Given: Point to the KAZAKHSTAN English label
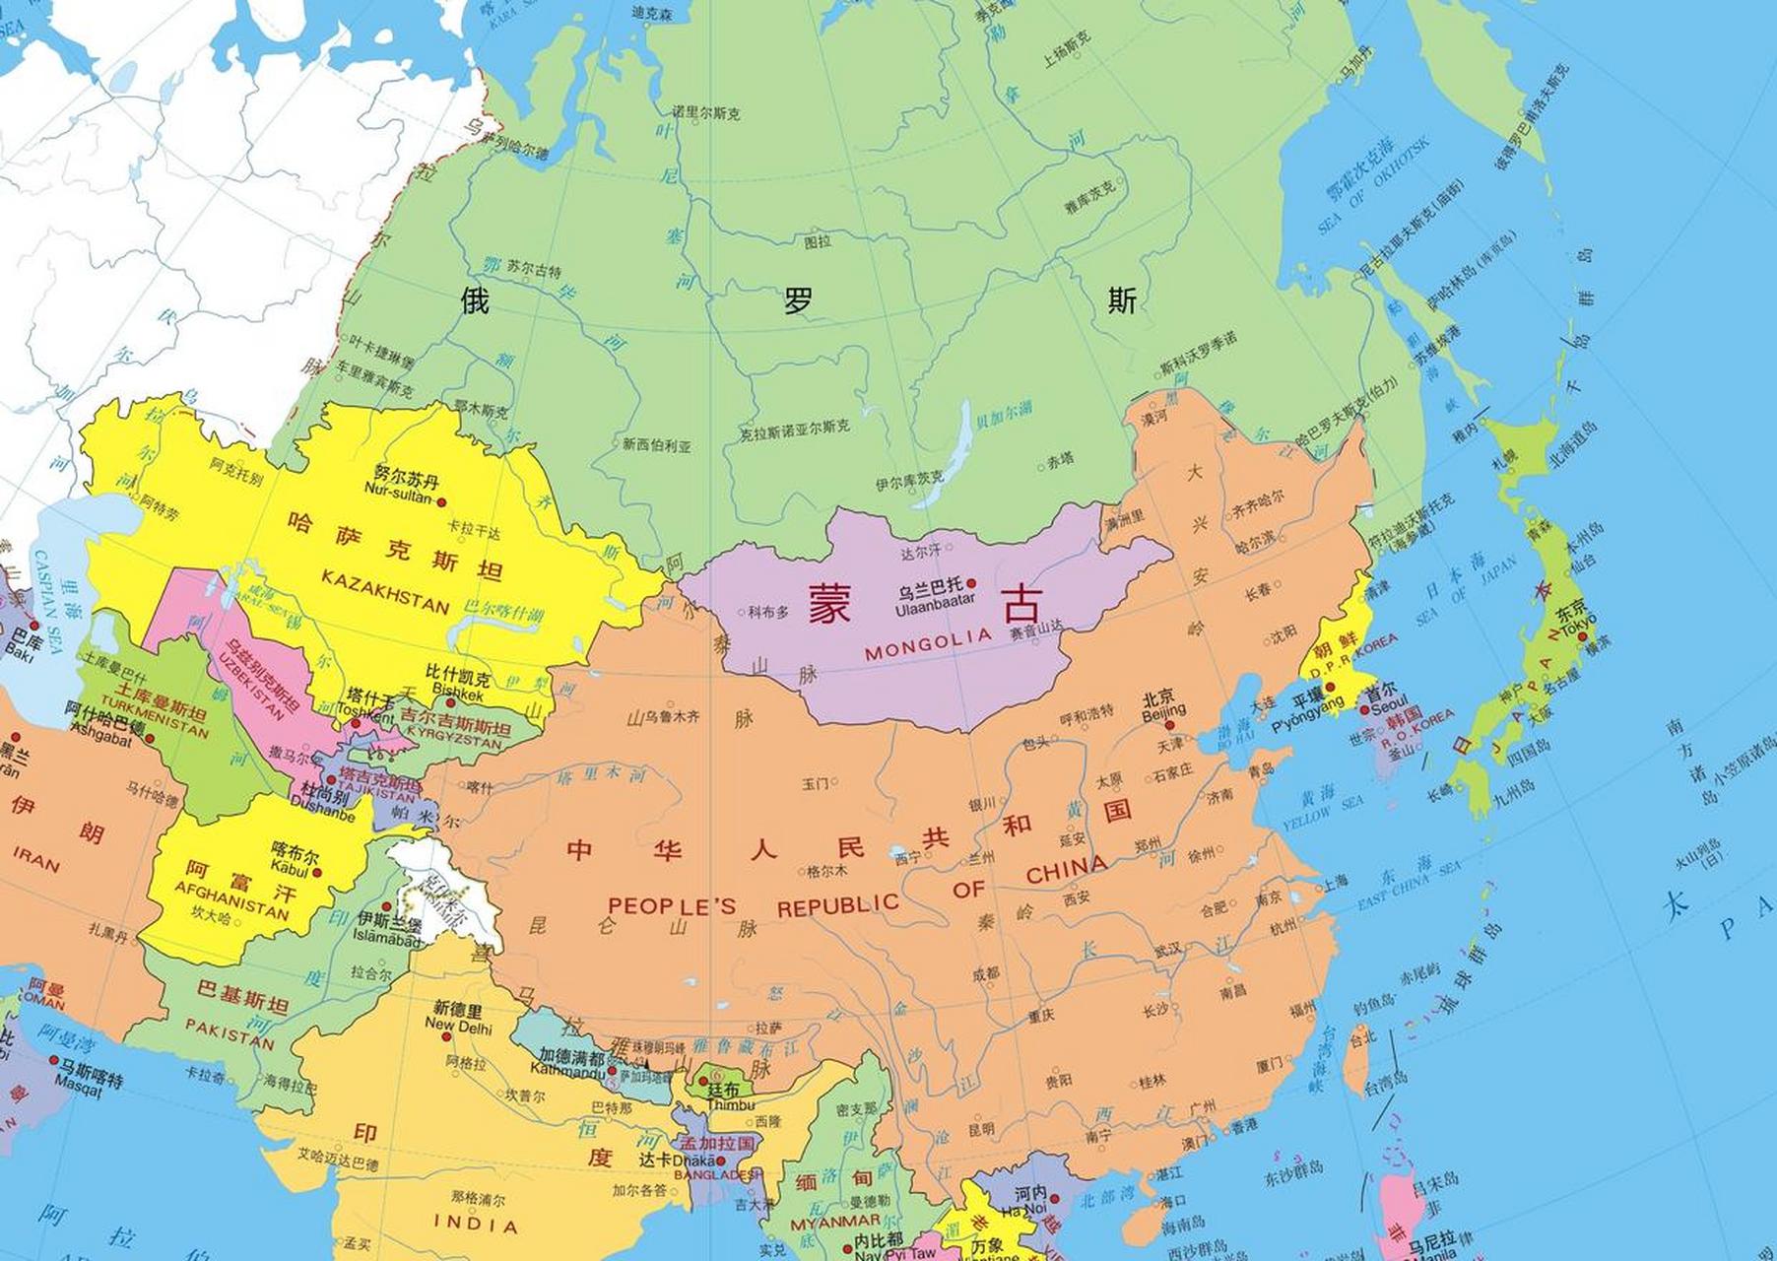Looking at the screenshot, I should point(385,591).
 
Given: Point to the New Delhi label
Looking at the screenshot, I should point(458,1025).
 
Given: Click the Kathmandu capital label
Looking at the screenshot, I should point(566,1069).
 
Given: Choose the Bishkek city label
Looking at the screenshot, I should point(457,695).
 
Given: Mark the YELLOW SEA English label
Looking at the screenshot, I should point(1321,813).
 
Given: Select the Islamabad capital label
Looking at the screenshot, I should point(386,940).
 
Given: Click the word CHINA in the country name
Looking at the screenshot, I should point(1066,869).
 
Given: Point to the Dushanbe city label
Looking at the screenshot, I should point(323,814).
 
